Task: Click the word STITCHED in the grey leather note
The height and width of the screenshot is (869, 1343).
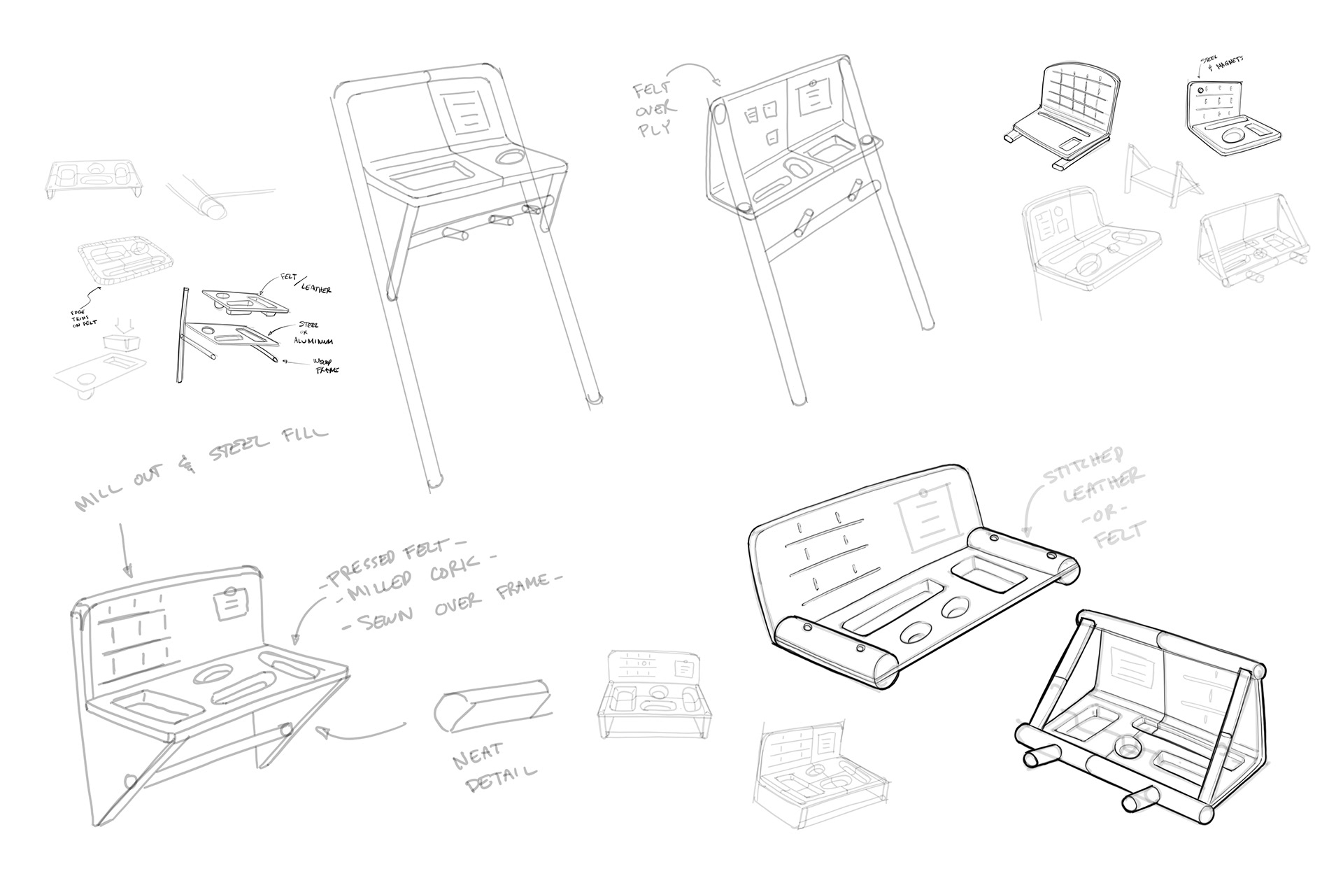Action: point(1085,473)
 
